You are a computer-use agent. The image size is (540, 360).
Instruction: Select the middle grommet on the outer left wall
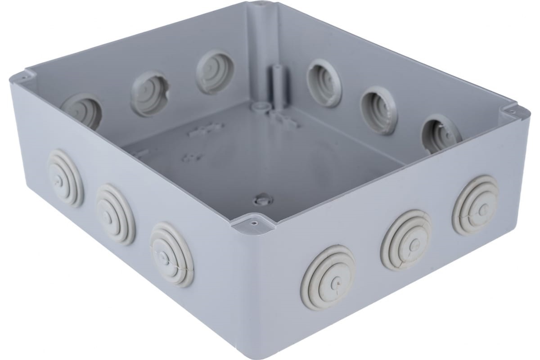115,213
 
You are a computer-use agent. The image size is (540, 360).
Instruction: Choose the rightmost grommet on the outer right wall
475,206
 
